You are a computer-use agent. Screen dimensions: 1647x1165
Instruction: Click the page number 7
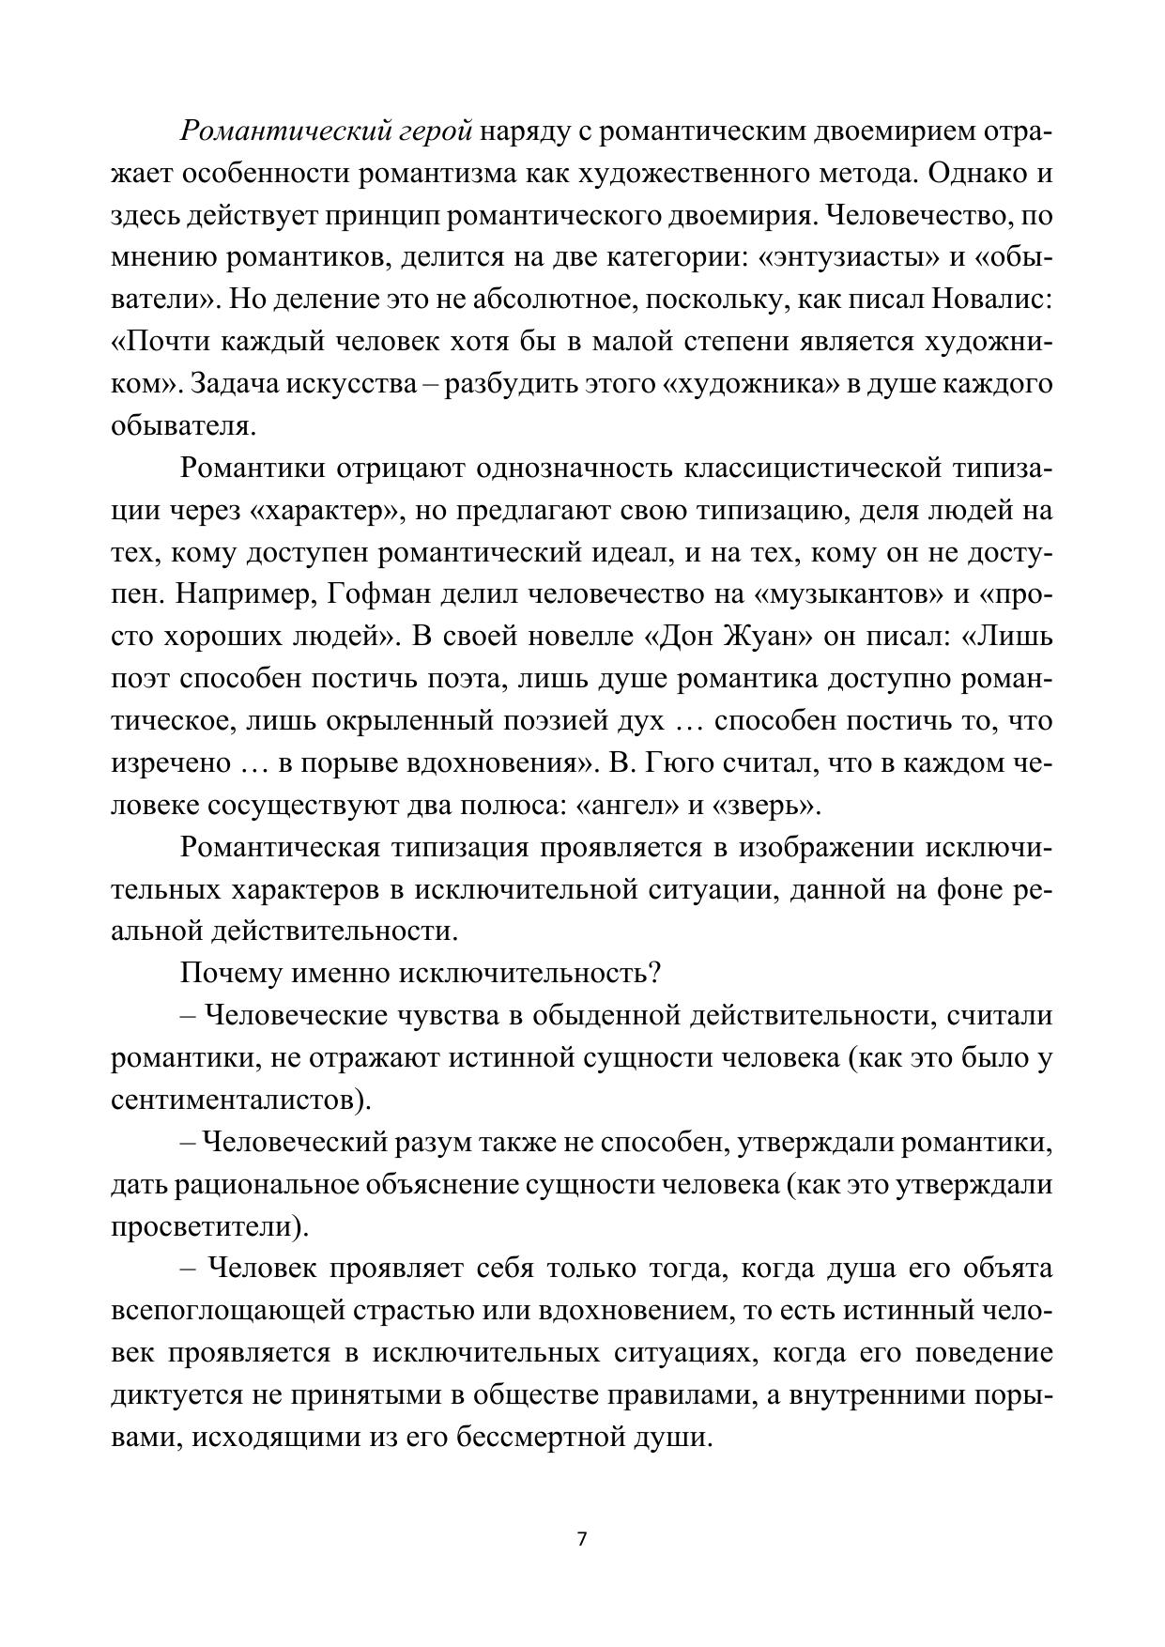pyautogui.click(x=582, y=1539)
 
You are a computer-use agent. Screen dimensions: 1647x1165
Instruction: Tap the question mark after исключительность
pyautogui.click(x=654, y=973)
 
